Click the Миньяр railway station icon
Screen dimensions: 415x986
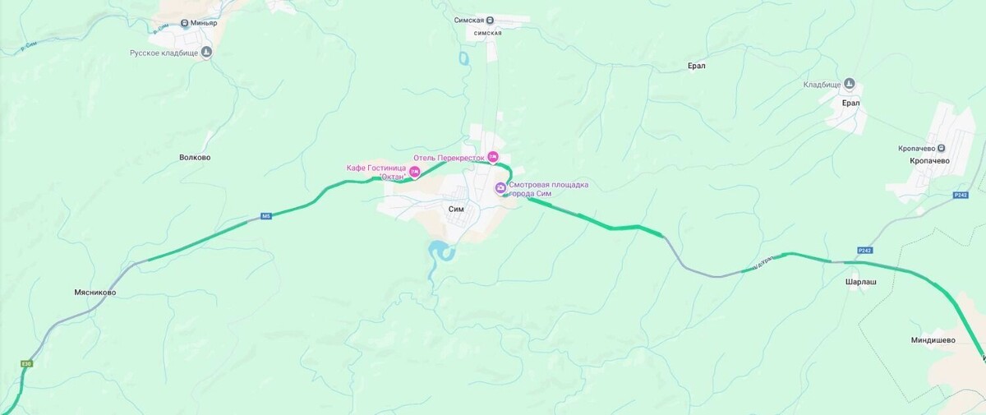point(185,23)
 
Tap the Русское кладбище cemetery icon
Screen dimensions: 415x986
point(206,52)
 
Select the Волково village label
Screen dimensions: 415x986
point(195,157)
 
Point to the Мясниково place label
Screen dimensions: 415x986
point(94,292)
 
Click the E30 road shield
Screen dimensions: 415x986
point(27,363)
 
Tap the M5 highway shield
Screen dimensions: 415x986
point(265,216)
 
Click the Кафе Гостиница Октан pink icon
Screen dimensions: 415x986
point(415,172)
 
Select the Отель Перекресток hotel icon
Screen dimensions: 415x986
point(493,157)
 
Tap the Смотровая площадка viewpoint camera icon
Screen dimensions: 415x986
point(500,188)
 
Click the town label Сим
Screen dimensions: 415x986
point(456,209)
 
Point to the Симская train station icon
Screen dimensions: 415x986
point(490,20)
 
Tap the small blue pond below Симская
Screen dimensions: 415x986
point(463,59)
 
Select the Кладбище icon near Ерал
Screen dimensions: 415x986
point(850,84)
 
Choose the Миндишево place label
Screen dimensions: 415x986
point(933,339)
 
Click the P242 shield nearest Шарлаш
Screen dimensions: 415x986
point(864,250)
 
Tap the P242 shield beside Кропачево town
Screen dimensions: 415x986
point(961,195)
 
